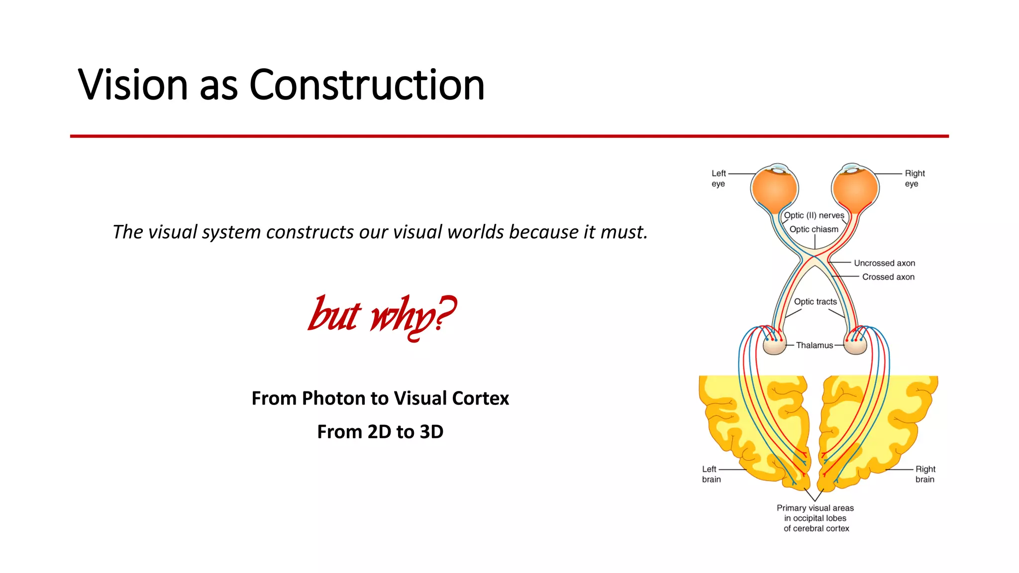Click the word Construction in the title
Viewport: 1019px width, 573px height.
click(x=367, y=85)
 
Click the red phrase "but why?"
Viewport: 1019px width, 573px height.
click(x=381, y=315)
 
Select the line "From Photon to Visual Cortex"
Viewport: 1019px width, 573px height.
click(x=380, y=398)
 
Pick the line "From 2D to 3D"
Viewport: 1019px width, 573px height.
click(x=380, y=432)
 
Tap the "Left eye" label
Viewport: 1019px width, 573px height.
click(x=718, y=179)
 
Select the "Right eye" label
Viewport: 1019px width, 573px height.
click(x=915, y=179)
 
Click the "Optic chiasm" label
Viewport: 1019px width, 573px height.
click(x=814, y=229)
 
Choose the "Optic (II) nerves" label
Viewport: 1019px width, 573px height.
click(x=814, y=215)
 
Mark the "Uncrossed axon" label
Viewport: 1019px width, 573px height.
click(x=884, y=263)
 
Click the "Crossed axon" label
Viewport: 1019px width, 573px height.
click(x=888, y=277)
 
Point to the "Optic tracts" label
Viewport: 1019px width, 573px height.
click(x=815, y=301)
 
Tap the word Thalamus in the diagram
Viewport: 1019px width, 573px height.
click(x=814, y=345)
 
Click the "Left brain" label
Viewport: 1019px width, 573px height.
click(x=711, y=474)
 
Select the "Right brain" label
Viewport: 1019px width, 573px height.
click(x=925, y=474)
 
